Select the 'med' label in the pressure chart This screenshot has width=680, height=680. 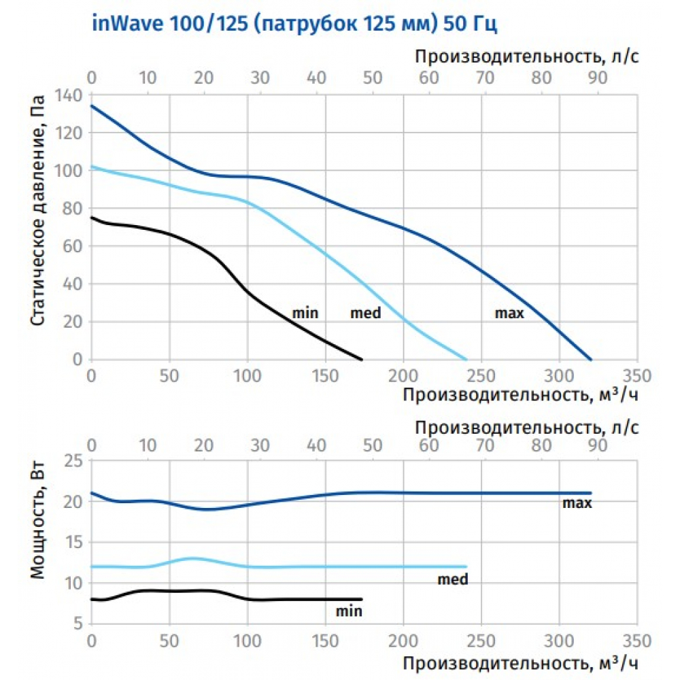(365, 313)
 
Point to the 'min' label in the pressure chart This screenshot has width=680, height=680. (305, 313)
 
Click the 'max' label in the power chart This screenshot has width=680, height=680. (577, 504)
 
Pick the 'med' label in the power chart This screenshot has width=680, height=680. (453, 580)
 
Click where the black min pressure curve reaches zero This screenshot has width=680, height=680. (362, 359)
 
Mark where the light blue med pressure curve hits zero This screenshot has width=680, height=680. (466, 359)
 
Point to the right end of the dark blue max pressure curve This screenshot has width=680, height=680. (591, 359)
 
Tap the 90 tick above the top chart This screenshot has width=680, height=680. (597, 77)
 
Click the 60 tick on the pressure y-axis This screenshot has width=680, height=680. (73, 246)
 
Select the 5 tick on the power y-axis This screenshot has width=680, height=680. (78, 624)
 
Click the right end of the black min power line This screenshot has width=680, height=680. (362, 599)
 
